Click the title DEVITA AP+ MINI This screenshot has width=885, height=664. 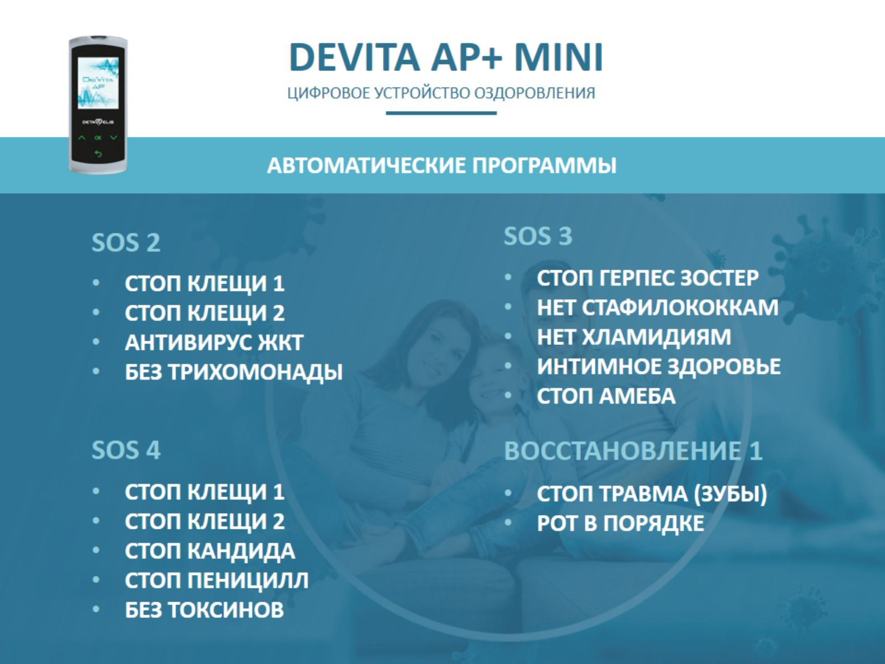tap(446, 57)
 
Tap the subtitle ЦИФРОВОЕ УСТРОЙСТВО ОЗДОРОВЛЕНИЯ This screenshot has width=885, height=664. tap(441, 93)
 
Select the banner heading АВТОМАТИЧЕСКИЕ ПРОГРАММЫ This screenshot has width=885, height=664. tap(442, 166)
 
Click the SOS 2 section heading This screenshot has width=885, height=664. tap(126, 243)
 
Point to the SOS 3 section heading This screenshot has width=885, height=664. tap(538, 236)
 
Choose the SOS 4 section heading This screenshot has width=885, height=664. tap(126, 450)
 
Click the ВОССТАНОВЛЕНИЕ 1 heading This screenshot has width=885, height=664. tap(633, 451)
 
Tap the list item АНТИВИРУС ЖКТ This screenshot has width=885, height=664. tap(214, 343)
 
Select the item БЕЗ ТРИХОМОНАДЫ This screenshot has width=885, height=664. tap(233, 372)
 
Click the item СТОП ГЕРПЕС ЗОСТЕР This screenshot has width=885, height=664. tap(647, 278)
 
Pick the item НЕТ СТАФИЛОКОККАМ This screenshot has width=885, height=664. tap(657, 308)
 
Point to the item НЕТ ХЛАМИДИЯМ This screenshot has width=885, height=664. tap(634, 337)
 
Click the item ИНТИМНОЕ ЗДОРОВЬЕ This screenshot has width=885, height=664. tap(658, 367)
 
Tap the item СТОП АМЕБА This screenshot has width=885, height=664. tap(606, 396)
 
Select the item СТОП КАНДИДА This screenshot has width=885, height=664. tap(209, 551)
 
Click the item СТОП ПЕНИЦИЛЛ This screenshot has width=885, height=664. tap(216, 580)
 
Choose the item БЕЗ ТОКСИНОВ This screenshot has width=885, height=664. tap(204, 610)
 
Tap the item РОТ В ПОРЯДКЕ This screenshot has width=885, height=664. tap(620, 523)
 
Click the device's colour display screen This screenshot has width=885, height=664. tap(98, 83)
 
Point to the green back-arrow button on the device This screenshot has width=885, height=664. tap(98, 154)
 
